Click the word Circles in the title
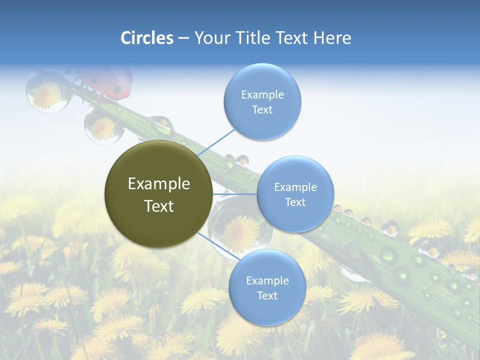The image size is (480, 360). coord(147,38)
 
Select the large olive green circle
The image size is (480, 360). coord(158,194)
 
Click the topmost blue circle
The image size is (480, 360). coord(262,101)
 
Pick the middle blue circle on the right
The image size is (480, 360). coord(295,194)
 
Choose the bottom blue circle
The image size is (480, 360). coord(267,287)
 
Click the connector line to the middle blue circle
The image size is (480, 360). coord(234,194)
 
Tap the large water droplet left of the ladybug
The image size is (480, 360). coord(46,91)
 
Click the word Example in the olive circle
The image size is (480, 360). coord(158,184)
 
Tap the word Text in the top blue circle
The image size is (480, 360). coord(262,110)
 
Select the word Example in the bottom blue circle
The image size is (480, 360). coord(267,280)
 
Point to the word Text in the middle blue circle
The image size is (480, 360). coord(295,202)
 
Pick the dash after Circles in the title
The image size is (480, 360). coord(183,38)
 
